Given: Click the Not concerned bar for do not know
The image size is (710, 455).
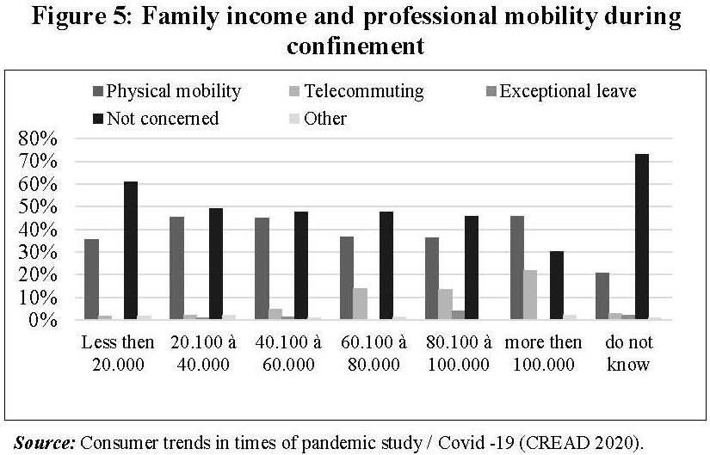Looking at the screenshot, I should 641,237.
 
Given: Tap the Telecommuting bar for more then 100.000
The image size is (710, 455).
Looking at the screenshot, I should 531,294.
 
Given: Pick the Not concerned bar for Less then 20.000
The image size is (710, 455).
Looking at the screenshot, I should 131,250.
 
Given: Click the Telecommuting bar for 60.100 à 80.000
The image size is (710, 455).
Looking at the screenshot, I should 361,304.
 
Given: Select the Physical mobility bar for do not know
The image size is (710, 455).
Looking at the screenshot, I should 602,296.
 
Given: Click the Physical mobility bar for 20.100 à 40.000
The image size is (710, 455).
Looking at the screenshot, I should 176,267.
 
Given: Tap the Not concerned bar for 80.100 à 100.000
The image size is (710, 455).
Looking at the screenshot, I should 472,267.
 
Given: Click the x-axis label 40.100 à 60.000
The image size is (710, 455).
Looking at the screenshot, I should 287,353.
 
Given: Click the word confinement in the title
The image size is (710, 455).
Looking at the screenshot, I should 355,46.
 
